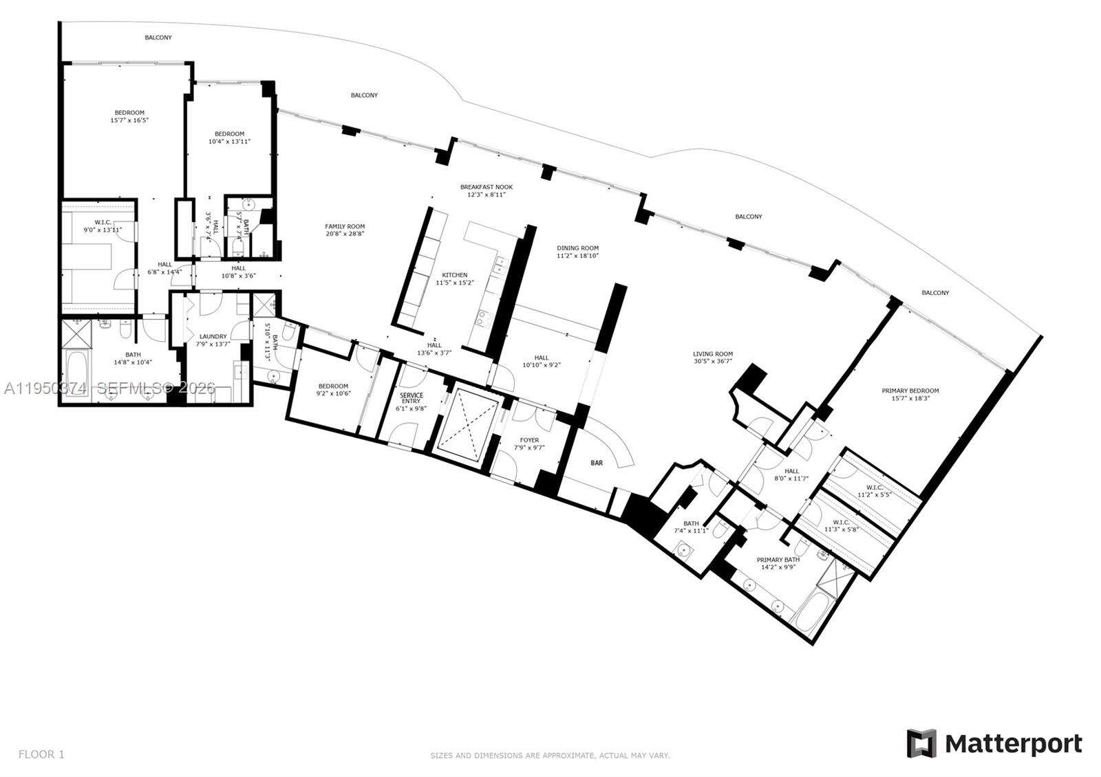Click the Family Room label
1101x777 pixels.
[x=345, y=226]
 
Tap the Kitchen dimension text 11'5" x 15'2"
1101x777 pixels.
[x=454, y=283]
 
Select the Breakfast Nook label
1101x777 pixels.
[x=486, y=187]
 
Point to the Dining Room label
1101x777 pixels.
[x=577, y=248]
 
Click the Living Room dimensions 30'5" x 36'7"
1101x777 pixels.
[x=712, y=362]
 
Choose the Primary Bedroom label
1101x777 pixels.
[x=910, y=391]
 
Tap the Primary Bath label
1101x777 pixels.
[x=776, y=560]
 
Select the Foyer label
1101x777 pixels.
[x=529, y=440]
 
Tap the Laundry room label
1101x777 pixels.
[x=213, y=337]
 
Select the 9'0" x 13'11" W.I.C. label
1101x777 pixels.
[x=94, y=222]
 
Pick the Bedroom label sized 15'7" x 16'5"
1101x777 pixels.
[x=129, y=113]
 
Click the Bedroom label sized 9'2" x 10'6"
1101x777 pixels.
[x=332, y=386]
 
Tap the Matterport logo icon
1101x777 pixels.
[x=921, y=743]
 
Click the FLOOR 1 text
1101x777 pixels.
[x=41, y=754]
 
